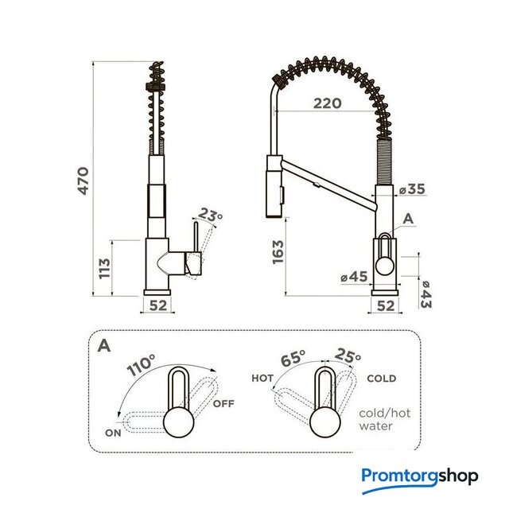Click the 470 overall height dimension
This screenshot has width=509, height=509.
pos(84,181)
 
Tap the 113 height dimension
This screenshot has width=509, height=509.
pos(104,268)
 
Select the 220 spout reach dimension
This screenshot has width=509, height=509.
pos(327,103)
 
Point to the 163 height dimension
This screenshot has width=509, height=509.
pos(278,252)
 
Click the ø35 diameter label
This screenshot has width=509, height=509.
pos(412,189)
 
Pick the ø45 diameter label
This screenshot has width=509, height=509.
pos(355,277)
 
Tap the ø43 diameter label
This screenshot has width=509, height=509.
pos(425,295)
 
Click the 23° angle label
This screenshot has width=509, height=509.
pos(210,215)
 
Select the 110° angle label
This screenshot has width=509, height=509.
pos(141,365)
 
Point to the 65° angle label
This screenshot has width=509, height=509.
pos(293,358)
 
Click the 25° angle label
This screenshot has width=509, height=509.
pos(348,356)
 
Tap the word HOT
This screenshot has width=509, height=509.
pos(262,379)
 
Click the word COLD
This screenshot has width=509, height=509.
pos(382,379)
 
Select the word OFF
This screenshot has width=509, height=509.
pos(223,404)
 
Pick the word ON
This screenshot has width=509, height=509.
pos(113,433)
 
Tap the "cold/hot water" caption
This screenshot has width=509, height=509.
pos(385,419)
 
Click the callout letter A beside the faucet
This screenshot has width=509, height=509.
pos(408,219)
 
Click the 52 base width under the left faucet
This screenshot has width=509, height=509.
pos(158,305)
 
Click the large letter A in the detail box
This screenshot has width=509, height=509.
pos(104,346)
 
